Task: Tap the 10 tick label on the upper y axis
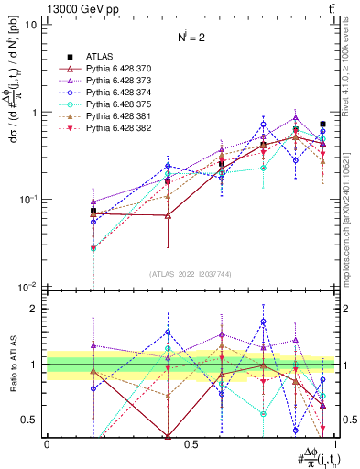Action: pyautogui.click(x=31, y=25)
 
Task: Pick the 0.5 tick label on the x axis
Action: pyautogui.click(x=191, y=443)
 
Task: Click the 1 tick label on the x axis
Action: pyautogui.click(x=334, y=443)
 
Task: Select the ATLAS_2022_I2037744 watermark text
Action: pyautogui.click(x=191, y=274)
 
